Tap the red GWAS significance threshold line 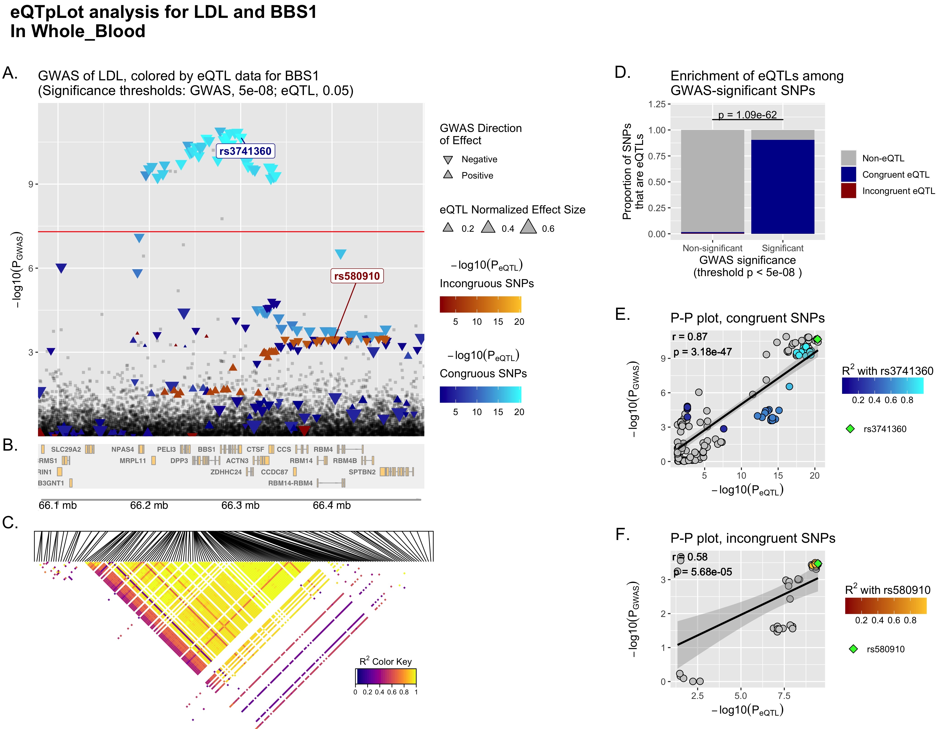(x=230, y=232)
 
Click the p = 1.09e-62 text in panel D (x=747, y=115)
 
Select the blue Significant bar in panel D (x=783, y=186)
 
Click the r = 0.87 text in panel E (x=690, y=337)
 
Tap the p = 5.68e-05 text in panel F (x=703, y=572)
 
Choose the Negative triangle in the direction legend (x=448, y=160)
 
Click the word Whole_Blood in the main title (x=88, y=31)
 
